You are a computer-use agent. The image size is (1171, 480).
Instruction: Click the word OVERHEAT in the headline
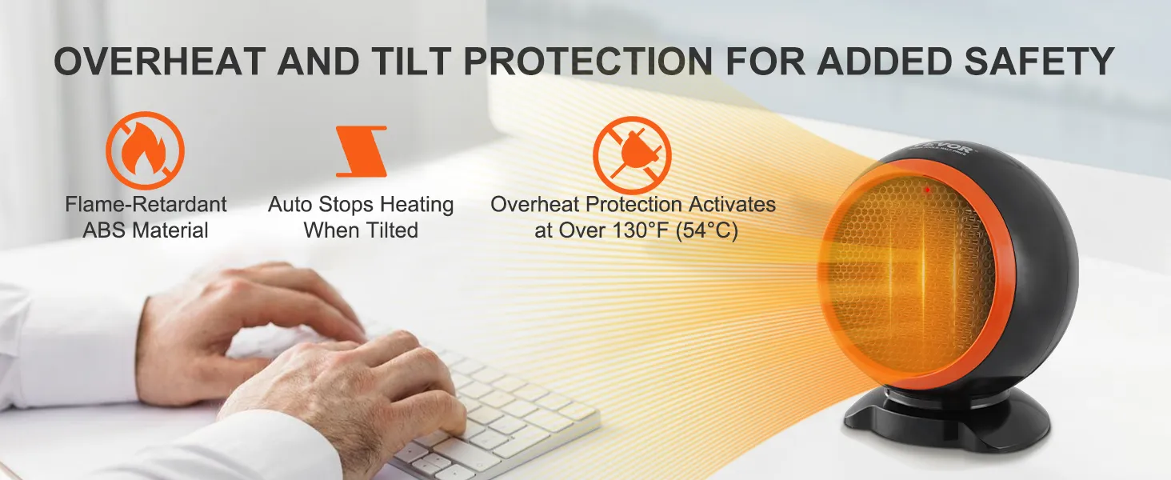(159, 61)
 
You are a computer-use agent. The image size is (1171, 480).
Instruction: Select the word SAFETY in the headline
(1039, 61)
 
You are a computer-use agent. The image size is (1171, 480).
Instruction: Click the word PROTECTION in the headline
(588, 61)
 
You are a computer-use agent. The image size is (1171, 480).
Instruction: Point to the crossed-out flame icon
(146, 150)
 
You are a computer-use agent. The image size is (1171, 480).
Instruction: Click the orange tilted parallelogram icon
(362, 151)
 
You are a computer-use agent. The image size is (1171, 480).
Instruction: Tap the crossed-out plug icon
(632, 155)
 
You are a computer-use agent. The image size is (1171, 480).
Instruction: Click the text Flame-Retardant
(146, 204)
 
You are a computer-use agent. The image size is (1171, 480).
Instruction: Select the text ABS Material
(146, 230)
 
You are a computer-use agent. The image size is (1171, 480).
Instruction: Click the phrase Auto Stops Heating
(361, 204)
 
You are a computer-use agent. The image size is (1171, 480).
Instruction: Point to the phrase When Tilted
(361, 230)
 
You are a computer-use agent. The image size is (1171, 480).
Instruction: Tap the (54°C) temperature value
(707, 230)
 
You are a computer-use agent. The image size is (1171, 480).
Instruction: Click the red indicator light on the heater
(927, 190)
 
